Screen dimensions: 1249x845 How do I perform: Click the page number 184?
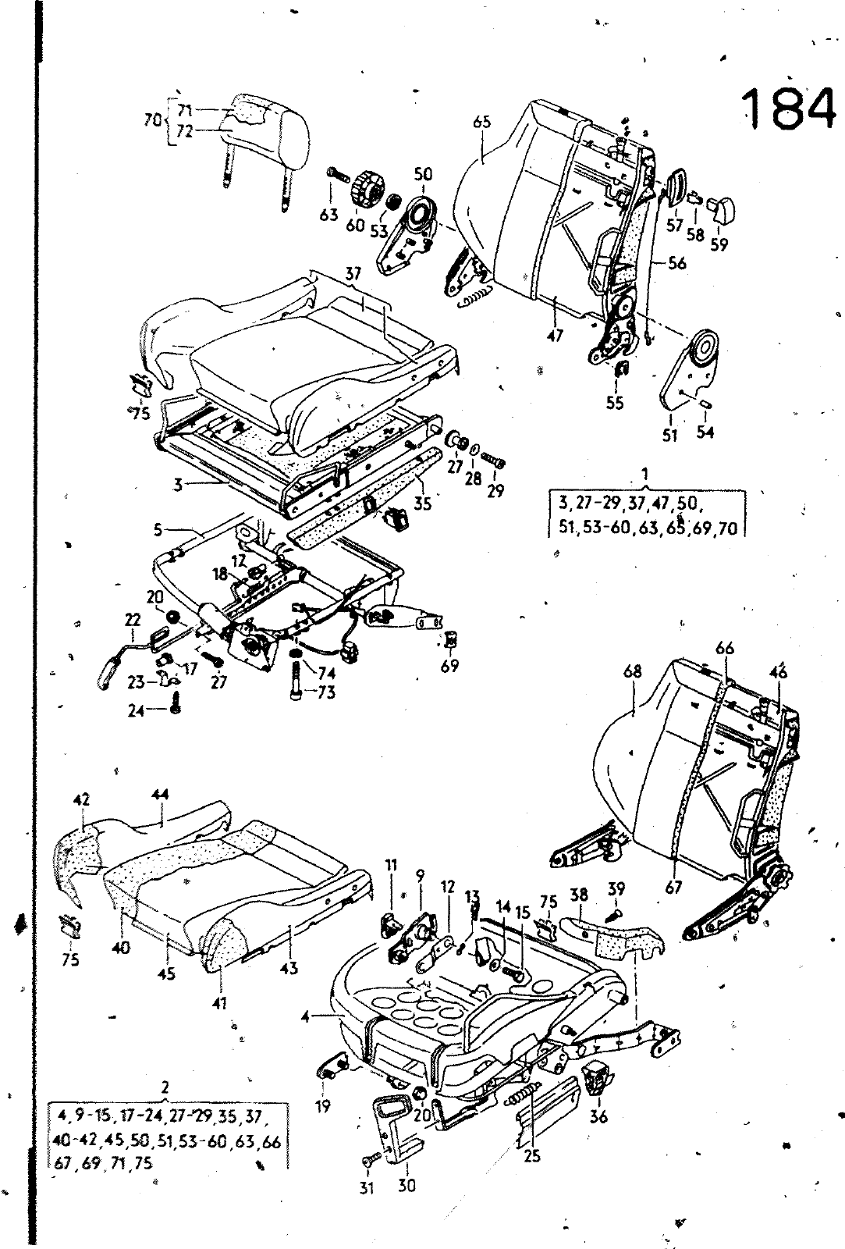click(783, 109)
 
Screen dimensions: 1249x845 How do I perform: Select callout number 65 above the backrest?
click(481, 122)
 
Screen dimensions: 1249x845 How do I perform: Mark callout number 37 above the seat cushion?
click(353, 274)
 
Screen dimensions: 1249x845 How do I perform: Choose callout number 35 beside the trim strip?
click(422, 504)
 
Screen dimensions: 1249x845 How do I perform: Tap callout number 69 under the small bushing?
click(449, 665)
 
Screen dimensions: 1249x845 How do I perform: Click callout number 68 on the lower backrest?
click(633, 671)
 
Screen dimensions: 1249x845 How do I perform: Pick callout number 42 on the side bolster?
click(82, 799)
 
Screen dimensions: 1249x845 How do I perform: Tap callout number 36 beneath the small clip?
click(598, 1117)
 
